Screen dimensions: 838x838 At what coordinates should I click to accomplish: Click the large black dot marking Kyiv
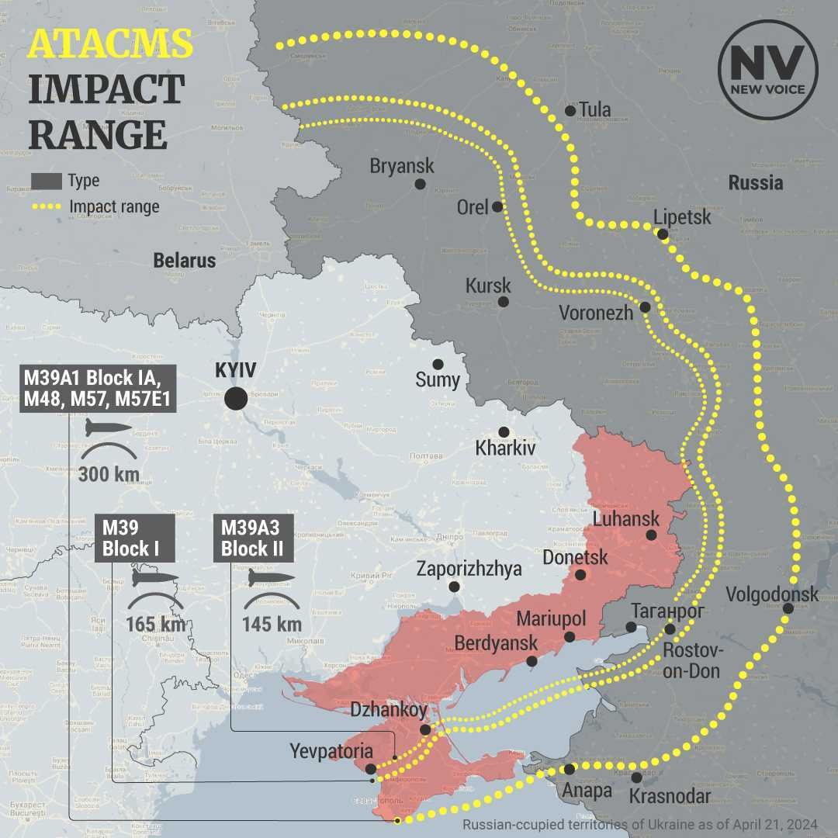click(236, 399)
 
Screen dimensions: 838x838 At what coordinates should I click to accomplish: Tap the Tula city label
click(594, 109)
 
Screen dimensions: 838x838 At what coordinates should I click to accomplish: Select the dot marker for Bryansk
click(420, 184)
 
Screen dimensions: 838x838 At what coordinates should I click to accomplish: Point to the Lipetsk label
click(682, 216)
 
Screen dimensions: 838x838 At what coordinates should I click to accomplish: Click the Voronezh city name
click(597, 313)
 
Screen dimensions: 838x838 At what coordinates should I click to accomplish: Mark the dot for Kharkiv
click(504, 431)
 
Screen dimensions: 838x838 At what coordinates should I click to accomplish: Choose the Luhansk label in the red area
click(626, 518)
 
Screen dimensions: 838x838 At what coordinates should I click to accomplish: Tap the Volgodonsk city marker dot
click(788, 608)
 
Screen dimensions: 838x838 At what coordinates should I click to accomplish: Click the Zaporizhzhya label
click(469, 569)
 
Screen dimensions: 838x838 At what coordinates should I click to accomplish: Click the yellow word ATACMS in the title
click(110, 43)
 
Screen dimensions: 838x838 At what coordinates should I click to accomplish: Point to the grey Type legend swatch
click(46, 181)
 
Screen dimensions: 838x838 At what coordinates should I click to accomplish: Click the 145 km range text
click(272, 624)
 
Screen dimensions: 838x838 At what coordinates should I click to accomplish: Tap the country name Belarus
click(185, 260)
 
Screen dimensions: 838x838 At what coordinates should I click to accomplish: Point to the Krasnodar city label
click(670, 796)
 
